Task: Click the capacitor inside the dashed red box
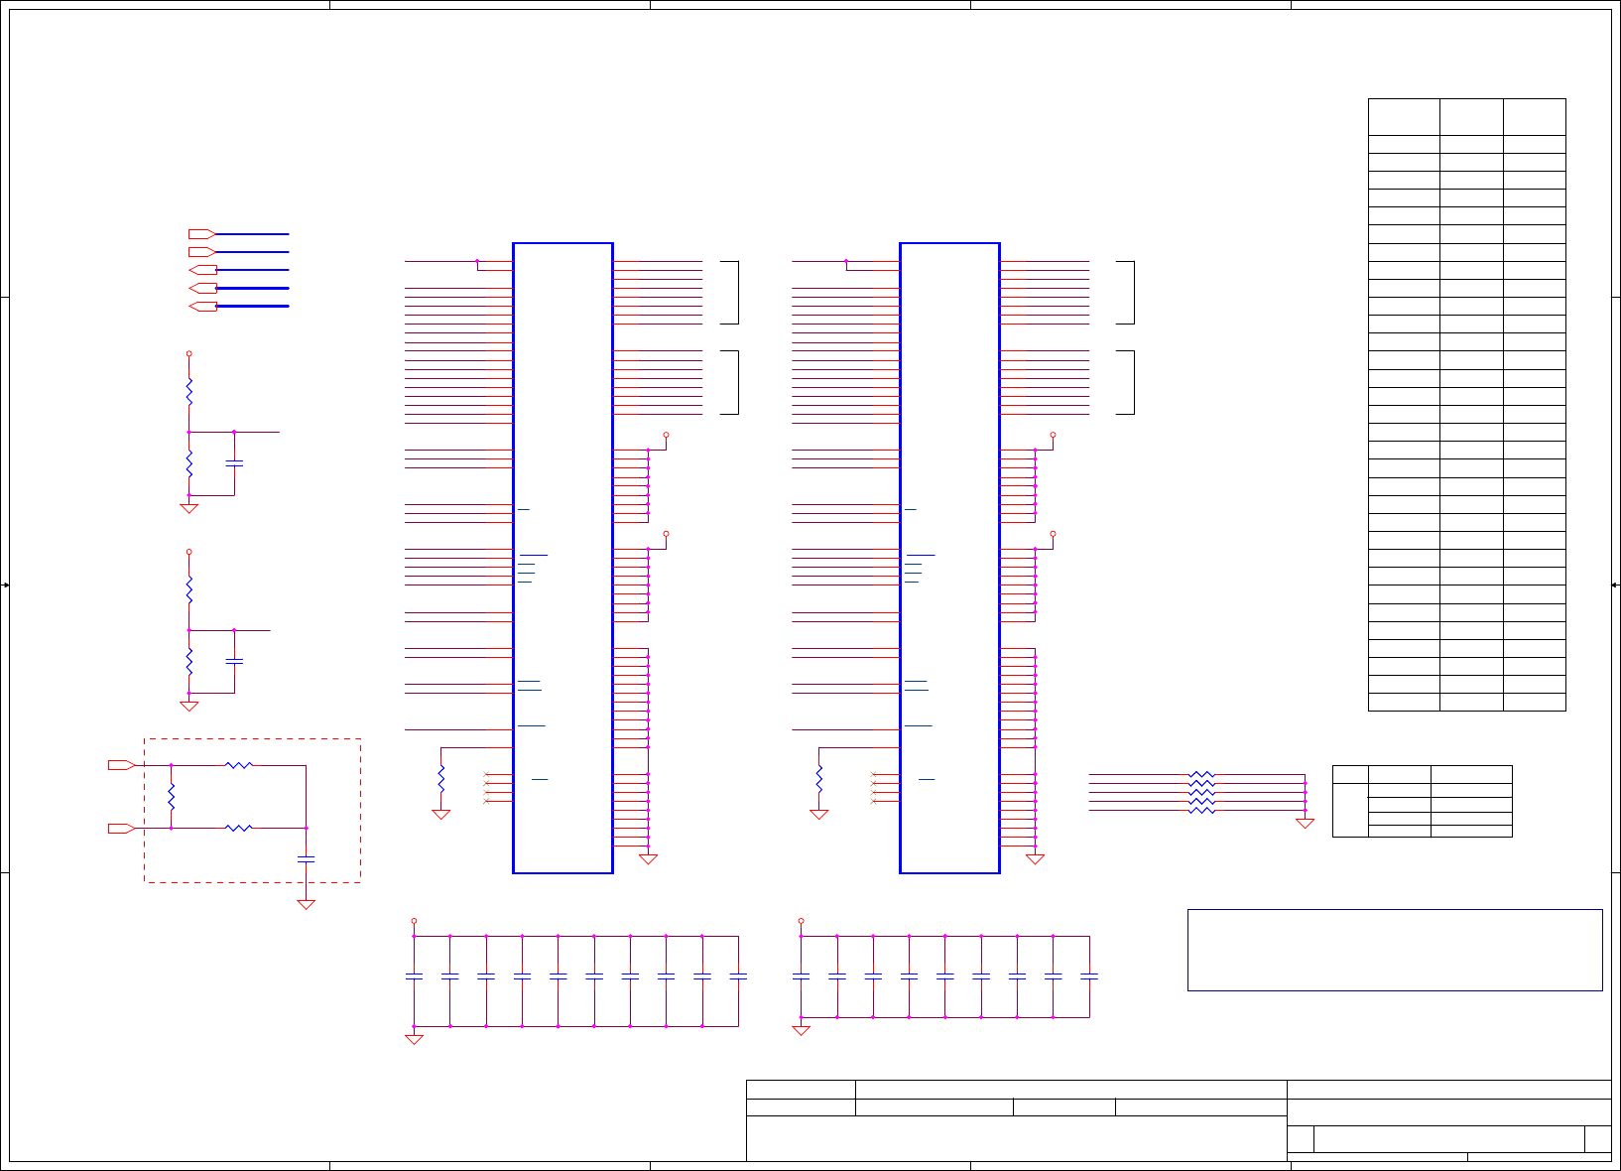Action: pos(307,858)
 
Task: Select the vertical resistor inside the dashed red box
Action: pos(172,796)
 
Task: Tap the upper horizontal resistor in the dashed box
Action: pos(239,765)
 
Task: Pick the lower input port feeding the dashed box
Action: pos(121,828)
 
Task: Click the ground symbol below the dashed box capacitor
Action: pos(307,904)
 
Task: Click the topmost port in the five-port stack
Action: pos(202,234)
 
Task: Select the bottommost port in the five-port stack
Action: pos(202,306)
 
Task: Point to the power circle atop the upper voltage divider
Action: pos(189,353)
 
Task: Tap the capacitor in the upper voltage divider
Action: pos(234,463)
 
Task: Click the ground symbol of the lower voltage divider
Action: pos(189,706)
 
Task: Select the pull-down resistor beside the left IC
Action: pos(441,778)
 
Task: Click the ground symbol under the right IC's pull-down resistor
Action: pos(819,814)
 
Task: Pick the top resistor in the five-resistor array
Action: pos(1201,774)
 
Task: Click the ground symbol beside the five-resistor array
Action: pos(1306,823)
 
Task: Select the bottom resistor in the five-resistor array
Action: pos(1201,810)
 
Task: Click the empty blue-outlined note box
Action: pos(1395,950)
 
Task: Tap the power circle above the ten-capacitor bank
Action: pos(415,921)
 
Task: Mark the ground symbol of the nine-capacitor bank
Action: pos(802,1030)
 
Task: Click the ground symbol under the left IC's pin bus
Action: pos(649,859)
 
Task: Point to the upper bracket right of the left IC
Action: pos(734,293)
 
